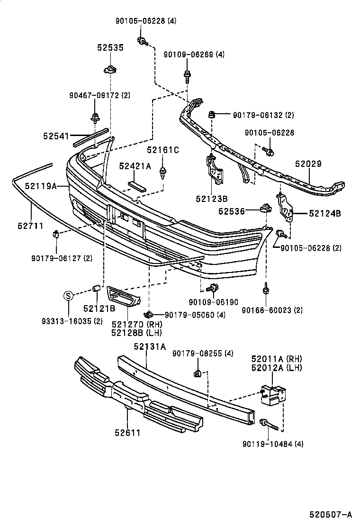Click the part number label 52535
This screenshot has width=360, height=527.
110,48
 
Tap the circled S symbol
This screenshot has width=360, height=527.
69,297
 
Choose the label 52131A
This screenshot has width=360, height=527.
149,346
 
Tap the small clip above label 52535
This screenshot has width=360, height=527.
110,70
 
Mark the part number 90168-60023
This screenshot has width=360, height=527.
265,310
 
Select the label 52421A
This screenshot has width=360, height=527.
135,166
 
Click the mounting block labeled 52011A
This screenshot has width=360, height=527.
274,394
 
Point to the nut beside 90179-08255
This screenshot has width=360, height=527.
198,374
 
